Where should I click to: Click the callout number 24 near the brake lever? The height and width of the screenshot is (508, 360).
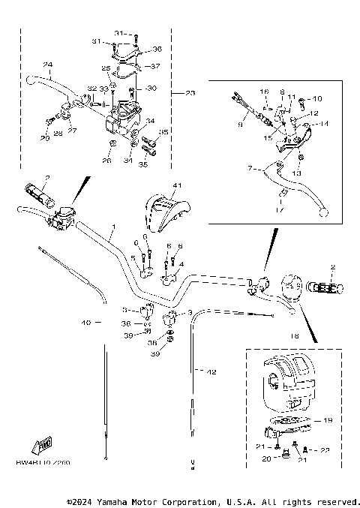tap(47, 64)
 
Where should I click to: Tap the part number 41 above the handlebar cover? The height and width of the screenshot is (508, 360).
tap(177, 185)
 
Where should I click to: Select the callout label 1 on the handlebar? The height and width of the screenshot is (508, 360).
tap(114, 226)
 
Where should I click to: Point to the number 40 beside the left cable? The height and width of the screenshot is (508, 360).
tap(86, 323)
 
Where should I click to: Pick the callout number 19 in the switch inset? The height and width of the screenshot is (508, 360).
tap(327, 421)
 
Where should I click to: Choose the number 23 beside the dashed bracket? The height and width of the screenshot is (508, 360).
tap(190, 93)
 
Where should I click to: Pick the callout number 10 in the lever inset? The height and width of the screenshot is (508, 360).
tap(316, 98)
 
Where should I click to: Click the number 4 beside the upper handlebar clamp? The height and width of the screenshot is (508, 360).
tap(180, 263)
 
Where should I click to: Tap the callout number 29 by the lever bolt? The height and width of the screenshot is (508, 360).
tap(44, 138)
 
